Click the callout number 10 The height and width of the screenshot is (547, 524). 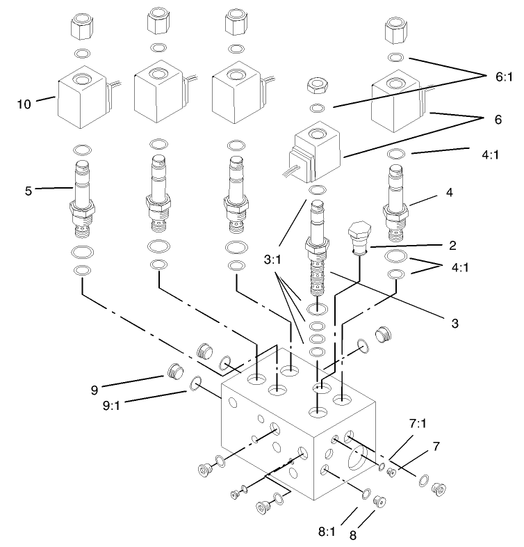pos(24,105)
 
